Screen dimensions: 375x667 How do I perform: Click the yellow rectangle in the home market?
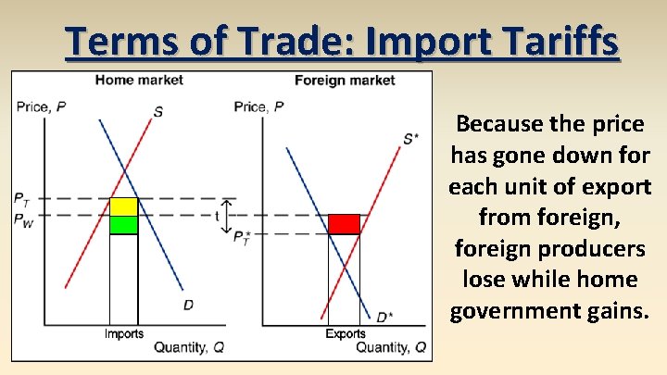pyautogui.click(x=123, y=206)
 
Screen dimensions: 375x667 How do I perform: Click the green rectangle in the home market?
pyautogui.click(x=123, y=224)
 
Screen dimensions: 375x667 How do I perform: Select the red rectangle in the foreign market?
pyautogui.click(x=344, y=224)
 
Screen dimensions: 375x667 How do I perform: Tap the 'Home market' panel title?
pyautogui.click(x=139, y=81)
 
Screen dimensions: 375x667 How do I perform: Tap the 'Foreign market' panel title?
pyautogui.click(x=345, y=81)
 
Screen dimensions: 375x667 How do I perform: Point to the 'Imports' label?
pyautogui.click(x=123, y=333)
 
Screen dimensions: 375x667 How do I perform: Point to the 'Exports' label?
pyautogui.click(x=345, y=333)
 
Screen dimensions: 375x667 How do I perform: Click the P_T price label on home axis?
pyautogui.click(x=21, y=198)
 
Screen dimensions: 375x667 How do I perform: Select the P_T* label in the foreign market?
pyautogui.click(x=241, y=237)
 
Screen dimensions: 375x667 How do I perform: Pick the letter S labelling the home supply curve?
pyautogui.click(x=158, y=112)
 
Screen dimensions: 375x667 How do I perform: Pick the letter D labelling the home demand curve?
pyautogui.click(x=188, y=305)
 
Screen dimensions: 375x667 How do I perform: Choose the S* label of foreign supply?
pyautogui.click(x=410, y=140)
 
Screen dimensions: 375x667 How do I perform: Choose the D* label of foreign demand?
pyautogui.click(x=383, y=318)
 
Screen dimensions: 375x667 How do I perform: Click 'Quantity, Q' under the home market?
pyautogui.click(x=189, y=347)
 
